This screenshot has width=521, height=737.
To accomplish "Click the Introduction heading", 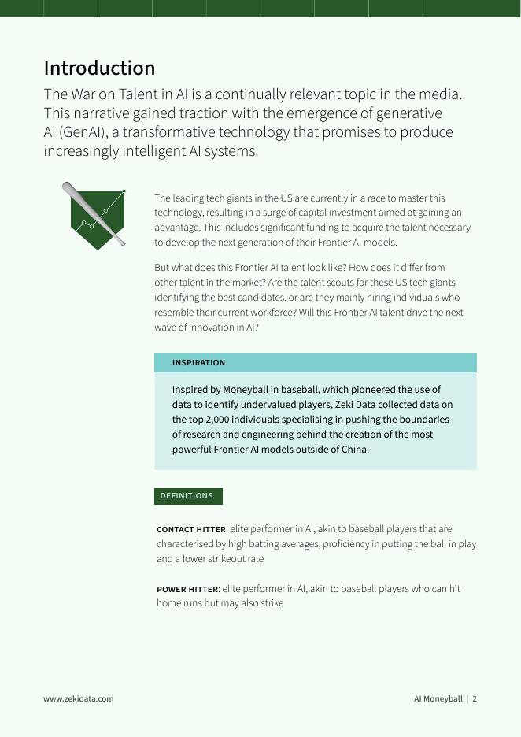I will point(99,68).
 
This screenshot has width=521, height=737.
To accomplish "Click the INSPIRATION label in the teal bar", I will point(198,363).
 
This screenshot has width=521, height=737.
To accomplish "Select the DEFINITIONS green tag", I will point(187,496).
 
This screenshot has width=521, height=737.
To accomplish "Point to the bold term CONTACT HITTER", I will point(191,530).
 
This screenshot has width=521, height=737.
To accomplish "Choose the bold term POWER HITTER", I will point(187,590).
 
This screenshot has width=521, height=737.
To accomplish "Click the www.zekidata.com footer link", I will point(78,698).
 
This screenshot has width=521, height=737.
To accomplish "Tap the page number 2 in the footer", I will point(475,698).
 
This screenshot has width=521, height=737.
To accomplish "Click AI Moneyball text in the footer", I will point(438,698).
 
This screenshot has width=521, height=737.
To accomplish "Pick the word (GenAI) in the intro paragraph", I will point(83,132).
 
